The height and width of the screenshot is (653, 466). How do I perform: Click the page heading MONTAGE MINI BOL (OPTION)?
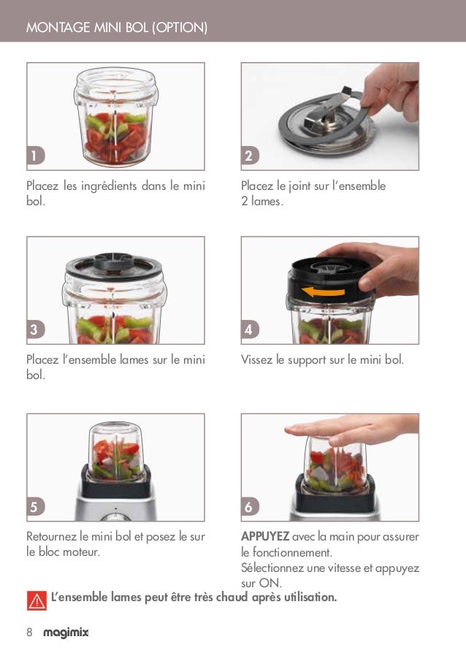(x=117, y=28)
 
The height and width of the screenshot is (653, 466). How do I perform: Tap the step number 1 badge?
(x=34, y=156)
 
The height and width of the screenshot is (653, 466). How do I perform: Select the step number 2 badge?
(x=248, y=156)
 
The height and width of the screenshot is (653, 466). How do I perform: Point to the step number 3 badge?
(x=34, y=329)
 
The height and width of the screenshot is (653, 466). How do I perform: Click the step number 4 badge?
(x=248, y=329)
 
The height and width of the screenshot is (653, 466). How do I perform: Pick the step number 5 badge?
(x=34, y=505)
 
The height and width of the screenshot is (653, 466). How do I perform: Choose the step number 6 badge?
(x=248, y=505)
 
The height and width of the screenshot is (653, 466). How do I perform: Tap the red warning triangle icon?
(x=36, y=600)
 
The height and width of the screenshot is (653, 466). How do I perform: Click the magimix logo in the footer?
(x=66, y=633)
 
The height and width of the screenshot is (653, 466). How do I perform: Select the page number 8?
(x=29, y=633)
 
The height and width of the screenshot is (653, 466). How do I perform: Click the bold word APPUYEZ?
(x=265, y=537)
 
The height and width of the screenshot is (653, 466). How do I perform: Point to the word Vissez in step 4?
(x=256, y=360)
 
